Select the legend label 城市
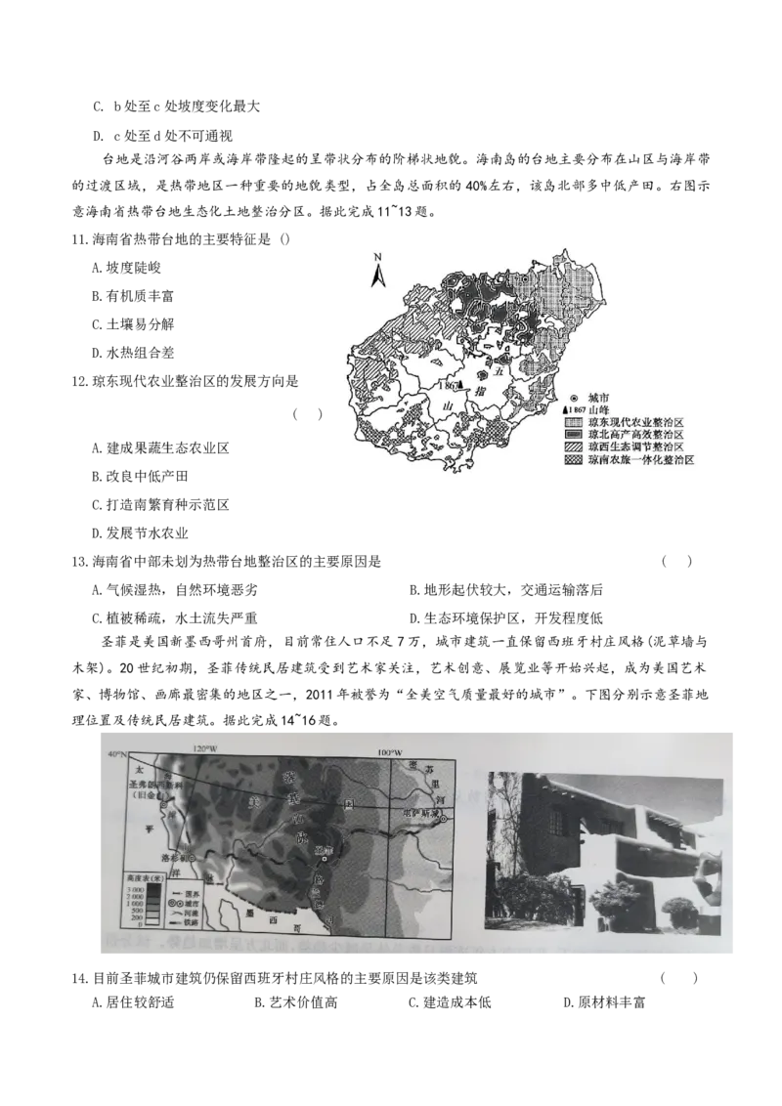[x=594, y=399]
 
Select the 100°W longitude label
[x=390, y=752]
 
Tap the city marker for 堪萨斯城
[x=442, y=820]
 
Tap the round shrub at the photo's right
[x=679, y=915]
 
